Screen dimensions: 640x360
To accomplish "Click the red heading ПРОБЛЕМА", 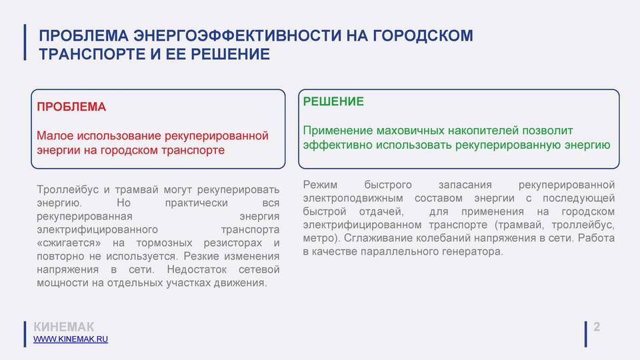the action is (x=71, y=107).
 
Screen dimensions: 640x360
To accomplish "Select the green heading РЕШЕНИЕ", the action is (x=333, y=101).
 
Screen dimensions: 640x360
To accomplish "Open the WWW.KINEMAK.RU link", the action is (x=71, y=339).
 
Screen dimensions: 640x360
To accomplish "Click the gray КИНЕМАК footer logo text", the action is (x=64, y=327).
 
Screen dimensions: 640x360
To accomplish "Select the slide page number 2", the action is (x=597, y=327).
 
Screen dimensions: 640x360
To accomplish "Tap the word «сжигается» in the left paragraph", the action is (x=69, y=243).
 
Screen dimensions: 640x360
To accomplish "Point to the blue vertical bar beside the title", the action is (x=25, y=43).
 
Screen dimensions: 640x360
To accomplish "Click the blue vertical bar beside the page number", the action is (x=586, y=334).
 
